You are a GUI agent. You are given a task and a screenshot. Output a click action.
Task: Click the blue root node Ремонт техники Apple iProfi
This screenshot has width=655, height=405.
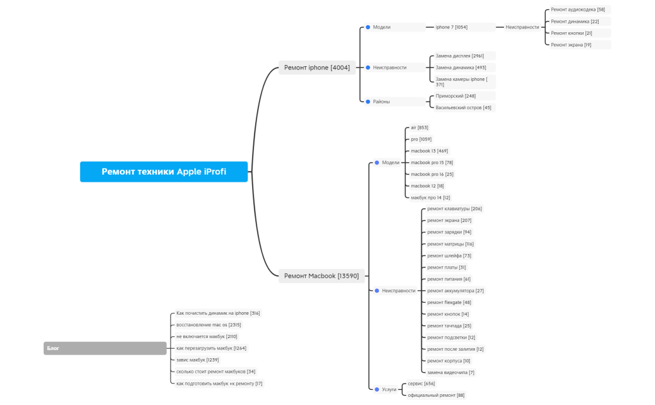164,172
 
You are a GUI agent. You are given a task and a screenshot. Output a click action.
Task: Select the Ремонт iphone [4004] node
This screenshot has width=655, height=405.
316,67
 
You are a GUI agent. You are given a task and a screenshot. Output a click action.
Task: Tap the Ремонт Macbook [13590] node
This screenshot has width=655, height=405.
321,276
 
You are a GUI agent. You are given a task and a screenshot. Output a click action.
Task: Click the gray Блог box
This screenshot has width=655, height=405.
105,348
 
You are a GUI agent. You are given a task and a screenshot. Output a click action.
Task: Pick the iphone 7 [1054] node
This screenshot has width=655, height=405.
452,27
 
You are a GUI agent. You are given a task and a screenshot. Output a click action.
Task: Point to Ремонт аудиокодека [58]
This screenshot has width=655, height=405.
577,9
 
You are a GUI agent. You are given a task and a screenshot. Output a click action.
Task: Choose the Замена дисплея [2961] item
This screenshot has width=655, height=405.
460,56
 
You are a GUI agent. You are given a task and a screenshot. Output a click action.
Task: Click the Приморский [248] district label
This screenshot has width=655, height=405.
455,96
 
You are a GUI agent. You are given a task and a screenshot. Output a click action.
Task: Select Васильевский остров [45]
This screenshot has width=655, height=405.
463,108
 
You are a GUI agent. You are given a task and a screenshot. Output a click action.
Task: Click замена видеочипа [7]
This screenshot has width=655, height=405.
450,373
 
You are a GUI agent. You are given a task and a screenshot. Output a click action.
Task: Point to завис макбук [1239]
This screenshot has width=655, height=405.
198,360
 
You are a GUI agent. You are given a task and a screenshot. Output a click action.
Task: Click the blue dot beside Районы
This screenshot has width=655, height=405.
368,102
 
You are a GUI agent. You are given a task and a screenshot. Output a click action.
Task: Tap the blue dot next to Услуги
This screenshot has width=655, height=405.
376,390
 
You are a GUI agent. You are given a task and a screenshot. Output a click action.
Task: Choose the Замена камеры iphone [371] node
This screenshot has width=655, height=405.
461,81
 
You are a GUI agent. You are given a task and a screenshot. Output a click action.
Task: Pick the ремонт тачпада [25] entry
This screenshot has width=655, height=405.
449,326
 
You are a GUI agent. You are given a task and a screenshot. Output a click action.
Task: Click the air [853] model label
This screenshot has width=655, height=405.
419,127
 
